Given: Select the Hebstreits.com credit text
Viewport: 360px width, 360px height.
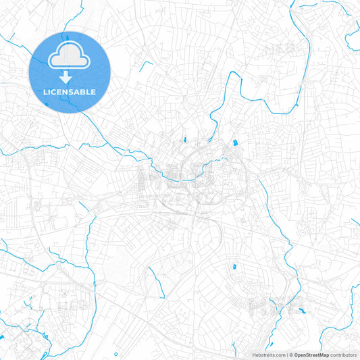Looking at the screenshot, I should click(267, 355).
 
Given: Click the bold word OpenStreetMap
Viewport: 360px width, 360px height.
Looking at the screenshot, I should click(311, 355).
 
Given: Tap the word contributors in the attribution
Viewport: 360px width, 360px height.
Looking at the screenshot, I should click(344, 355).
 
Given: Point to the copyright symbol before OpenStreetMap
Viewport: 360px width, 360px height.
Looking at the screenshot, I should click(290, 355).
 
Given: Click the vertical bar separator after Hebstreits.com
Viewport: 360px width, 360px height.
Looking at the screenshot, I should click(286, 355).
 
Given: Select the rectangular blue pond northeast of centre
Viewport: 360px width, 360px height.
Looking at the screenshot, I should click(234, 143).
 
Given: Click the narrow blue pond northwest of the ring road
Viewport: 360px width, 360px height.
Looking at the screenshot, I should click(182, 141).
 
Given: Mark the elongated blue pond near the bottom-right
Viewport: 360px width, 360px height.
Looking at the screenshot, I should click(302, 310).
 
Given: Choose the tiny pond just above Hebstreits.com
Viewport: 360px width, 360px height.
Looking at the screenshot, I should click(251, 341).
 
